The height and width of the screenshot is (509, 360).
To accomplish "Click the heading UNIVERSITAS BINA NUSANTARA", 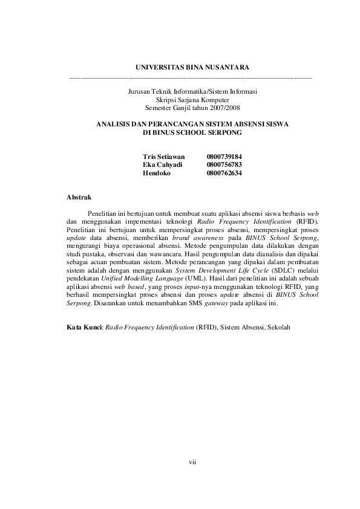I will [x=192, y=66].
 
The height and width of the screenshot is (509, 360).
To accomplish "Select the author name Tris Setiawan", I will [x=163, y=157].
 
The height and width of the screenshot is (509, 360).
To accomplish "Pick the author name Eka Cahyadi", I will [x=162, y=164].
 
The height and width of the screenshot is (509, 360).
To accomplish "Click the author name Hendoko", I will [x=157, y=173].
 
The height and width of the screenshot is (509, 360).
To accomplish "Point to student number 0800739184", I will [x=224, y=157].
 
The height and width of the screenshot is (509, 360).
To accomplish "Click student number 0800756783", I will [x=224, y=164].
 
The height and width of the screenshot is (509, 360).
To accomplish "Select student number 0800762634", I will [x=224, y=173].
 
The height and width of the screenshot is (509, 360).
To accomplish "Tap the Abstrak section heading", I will [x=79, y=197].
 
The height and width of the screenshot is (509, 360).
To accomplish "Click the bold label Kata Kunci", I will [x=83, y=327].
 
